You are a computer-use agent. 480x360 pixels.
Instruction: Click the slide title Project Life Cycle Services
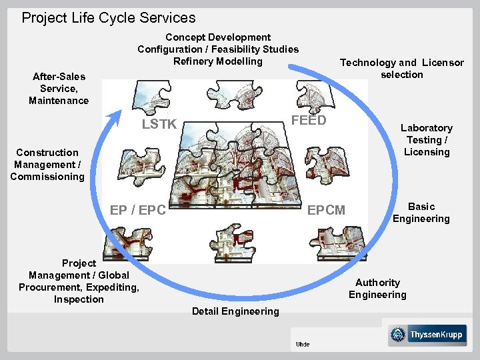[x=109, y=18]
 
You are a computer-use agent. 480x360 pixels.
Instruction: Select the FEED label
[x=309, y=120]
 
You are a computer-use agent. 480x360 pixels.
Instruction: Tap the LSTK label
[x=159, y=124]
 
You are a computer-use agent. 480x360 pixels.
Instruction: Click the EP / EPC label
[x=138, y=210]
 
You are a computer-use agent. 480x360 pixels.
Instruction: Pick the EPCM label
[x=326, y=210]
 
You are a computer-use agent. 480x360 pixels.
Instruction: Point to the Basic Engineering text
[x=421, y=213]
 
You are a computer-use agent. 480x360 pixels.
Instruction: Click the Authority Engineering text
[x=377, y=289]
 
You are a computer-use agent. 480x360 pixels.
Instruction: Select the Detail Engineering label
[x=235, y=311]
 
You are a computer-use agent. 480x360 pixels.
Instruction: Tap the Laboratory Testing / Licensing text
[x=426, y=140]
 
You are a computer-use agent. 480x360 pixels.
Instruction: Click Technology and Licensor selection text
[x=402, y=69]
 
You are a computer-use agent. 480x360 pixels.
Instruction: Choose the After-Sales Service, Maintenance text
[x=59, y=89]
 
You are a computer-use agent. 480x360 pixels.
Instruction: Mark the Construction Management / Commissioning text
[x=47, y=165]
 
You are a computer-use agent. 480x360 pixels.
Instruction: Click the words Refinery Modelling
[x=218, y=61]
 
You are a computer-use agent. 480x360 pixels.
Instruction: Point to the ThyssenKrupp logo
[x=427, y=335]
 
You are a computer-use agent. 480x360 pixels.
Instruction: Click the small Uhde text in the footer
[x=303, y=344]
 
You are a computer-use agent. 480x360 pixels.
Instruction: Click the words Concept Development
[x=218, y=37]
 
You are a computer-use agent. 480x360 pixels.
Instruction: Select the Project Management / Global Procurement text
[x=79, y=281]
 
